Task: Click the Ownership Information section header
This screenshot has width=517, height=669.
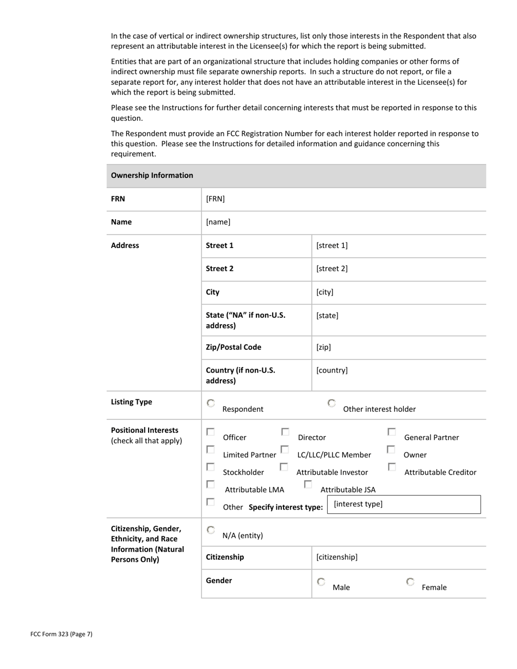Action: pos(152,175)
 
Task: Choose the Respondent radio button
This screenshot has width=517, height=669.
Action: pos(211,404)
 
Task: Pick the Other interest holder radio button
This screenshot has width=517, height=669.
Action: pos(331,404)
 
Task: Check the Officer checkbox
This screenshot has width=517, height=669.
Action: pos(211,432)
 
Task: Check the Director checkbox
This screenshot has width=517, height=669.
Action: pos(285,432)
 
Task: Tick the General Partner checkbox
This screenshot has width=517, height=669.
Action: pos(391,432)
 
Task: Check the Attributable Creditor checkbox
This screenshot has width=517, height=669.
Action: pos(391,467)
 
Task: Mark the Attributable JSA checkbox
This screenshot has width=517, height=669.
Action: pos(308,484)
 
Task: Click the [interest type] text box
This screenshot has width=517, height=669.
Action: pos(404,504)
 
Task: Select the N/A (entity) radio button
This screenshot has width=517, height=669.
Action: pos(211,530)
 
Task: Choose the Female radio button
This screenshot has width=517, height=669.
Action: pos(410,582)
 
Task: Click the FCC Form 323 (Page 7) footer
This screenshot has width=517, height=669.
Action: pos(61,634)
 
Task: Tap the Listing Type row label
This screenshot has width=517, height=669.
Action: pos(132,402)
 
